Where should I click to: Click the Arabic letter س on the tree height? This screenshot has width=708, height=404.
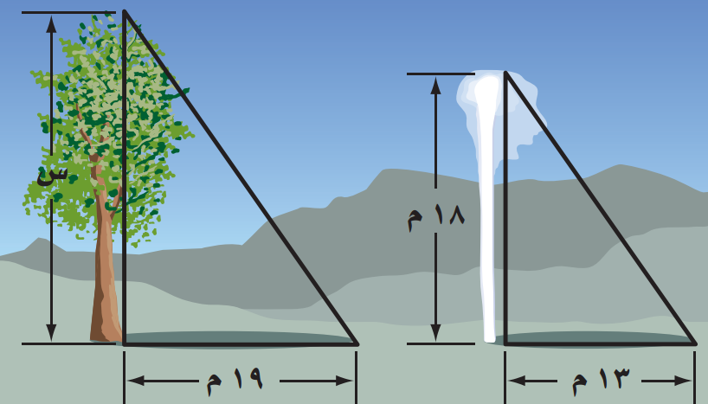point(52,175)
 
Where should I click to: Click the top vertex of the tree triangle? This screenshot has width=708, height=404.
point(124,11)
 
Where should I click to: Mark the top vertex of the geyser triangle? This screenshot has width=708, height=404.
point(505,72)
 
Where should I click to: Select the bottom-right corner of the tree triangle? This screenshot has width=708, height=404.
point(357,344)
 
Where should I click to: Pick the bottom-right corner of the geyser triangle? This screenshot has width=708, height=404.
point(695,344)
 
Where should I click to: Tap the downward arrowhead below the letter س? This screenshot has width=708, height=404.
point(51,332)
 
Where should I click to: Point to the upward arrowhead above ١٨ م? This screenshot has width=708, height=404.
point(435,85)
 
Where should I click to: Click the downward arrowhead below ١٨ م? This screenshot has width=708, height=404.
point(435,332)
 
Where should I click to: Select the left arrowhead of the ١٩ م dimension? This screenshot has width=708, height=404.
point(136,381)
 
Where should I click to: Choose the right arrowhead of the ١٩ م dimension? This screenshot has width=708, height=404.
point(344,381)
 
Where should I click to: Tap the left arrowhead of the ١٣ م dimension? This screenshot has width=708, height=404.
point(517,381)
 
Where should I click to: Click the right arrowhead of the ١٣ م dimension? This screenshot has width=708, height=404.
point(683,381)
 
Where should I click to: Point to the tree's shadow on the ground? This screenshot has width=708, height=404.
point(235,338)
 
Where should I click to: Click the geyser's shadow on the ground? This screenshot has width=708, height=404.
point(596,338)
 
